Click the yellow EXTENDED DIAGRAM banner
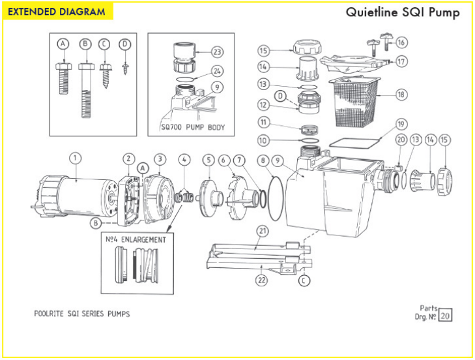coord(57,12)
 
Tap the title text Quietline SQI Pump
coord(403,12)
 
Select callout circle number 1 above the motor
coord(76,157)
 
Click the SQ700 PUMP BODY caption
coord(192,127)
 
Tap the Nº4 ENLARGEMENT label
coord(136,239)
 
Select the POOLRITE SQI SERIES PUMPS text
coord(81,314)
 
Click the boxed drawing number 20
coord(445,316)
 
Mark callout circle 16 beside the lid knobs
coord(401,42)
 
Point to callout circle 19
coord(401,123)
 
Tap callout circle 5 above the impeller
coord(208,159)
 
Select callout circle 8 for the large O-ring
coord(263,159)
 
